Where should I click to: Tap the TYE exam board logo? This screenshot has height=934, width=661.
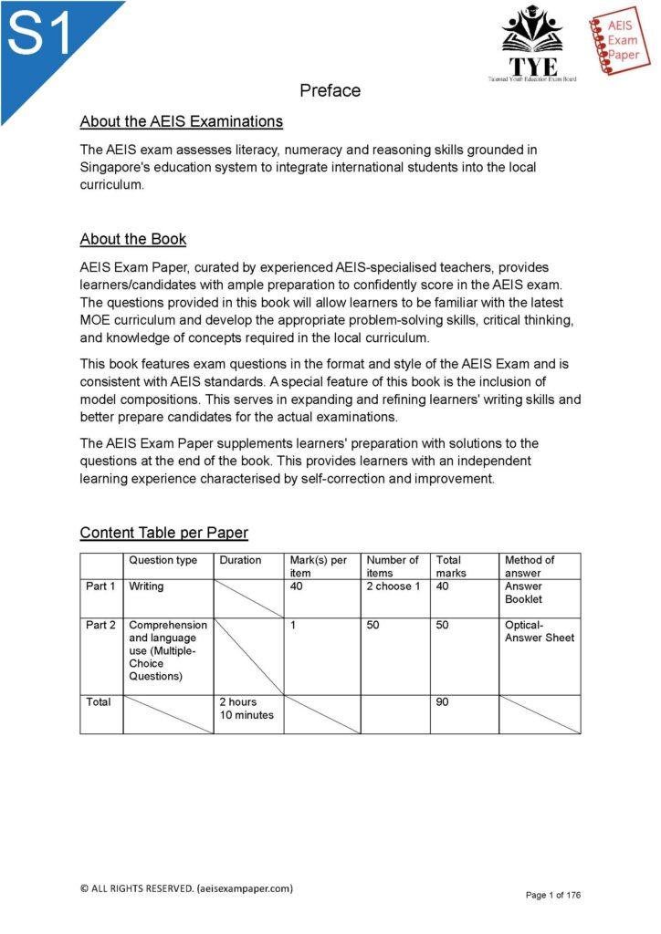tap(531, 44)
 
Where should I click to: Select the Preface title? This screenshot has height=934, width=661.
tap(330, 90)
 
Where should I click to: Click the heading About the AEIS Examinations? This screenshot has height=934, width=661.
tap(181, 121)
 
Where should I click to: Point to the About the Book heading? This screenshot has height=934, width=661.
tap(133, 239)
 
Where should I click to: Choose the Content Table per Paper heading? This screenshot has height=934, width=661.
tap(163, 533)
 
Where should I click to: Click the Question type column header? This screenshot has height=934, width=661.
tap(163, 560)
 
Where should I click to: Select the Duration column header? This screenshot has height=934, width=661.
tap(240, 560)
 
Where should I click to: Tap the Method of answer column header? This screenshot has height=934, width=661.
tap(530, 566)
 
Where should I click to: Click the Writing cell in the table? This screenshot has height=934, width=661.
tap(146, 586)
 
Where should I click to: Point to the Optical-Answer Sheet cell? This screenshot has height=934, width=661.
tap(540, 631)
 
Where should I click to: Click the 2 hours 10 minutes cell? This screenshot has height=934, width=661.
tap(247, 709)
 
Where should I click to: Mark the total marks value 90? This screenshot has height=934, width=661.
tap(442, 702)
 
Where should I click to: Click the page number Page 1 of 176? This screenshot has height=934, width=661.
tap(552, 895)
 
